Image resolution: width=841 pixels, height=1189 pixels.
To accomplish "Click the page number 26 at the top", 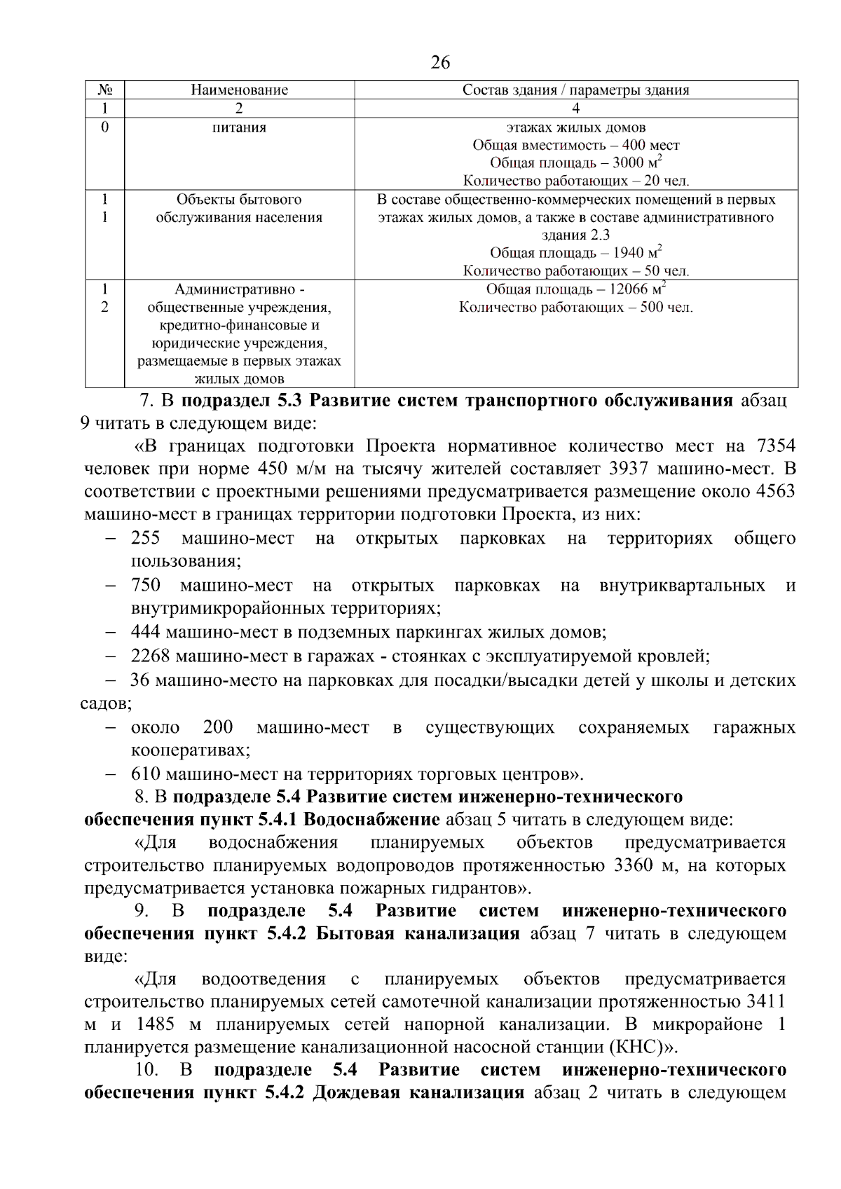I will [x=440, y=63].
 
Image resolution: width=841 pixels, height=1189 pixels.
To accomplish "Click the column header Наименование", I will [x=239, y=90].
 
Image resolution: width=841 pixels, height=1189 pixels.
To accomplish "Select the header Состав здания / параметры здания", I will [x=575, y=90].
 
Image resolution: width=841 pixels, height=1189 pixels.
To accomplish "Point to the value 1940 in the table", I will [x=629, y=253].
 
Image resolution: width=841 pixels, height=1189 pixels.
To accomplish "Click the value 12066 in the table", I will [x=628, y=289].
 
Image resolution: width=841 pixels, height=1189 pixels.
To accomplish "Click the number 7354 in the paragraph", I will [x=776, y=446].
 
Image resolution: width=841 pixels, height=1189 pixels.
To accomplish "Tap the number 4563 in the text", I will [x=775, y=491].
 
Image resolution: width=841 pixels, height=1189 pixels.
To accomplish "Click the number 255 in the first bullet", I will [x=145, y=538].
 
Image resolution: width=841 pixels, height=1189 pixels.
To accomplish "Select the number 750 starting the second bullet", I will [x=145, y=585].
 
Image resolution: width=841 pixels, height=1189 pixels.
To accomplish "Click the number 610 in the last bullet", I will [x=145, y=774].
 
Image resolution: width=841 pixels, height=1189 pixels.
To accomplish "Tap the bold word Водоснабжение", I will [x=371, y=820].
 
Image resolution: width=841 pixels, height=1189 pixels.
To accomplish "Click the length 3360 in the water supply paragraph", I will [x=633, y=865].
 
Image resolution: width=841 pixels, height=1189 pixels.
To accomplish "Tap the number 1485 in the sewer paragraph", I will [x=155, y=1024].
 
